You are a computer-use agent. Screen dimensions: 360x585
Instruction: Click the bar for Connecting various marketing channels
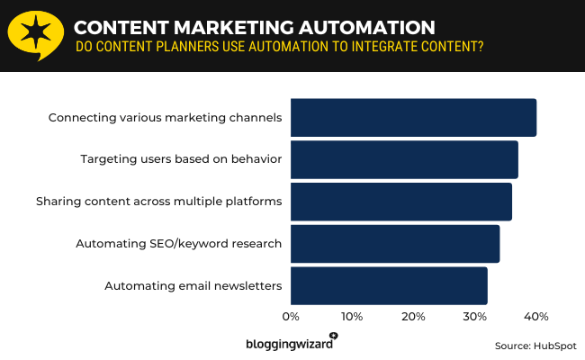click(x=413, y=117)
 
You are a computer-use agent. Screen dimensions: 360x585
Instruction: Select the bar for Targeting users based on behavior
click(x=404, y=159)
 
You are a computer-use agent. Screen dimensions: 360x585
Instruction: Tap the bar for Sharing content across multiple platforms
click(x=400, y=202)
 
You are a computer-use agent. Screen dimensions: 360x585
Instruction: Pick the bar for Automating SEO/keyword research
click(x=394, y=244)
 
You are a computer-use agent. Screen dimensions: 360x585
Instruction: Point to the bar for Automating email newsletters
click(x=389, y=286)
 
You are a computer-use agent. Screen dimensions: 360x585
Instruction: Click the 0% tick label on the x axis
click(x=291, y=317)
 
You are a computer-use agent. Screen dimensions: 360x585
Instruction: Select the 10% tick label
click(x=351, y=317)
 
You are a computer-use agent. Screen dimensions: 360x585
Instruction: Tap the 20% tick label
click(x=413, y=317)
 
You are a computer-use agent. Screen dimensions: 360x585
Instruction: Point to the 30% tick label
click(x=474, y=317)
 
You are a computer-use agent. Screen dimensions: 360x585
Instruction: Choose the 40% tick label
click(x=535, y=317)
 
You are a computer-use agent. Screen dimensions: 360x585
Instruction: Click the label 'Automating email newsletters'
click(x=193, y=286)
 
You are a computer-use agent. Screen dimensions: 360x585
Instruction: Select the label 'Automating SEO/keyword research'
click(x=178, y=244)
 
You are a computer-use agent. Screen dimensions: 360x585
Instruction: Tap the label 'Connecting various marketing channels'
click(x=165, y=117)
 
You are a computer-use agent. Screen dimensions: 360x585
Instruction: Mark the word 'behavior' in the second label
click(x=256, y=159)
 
